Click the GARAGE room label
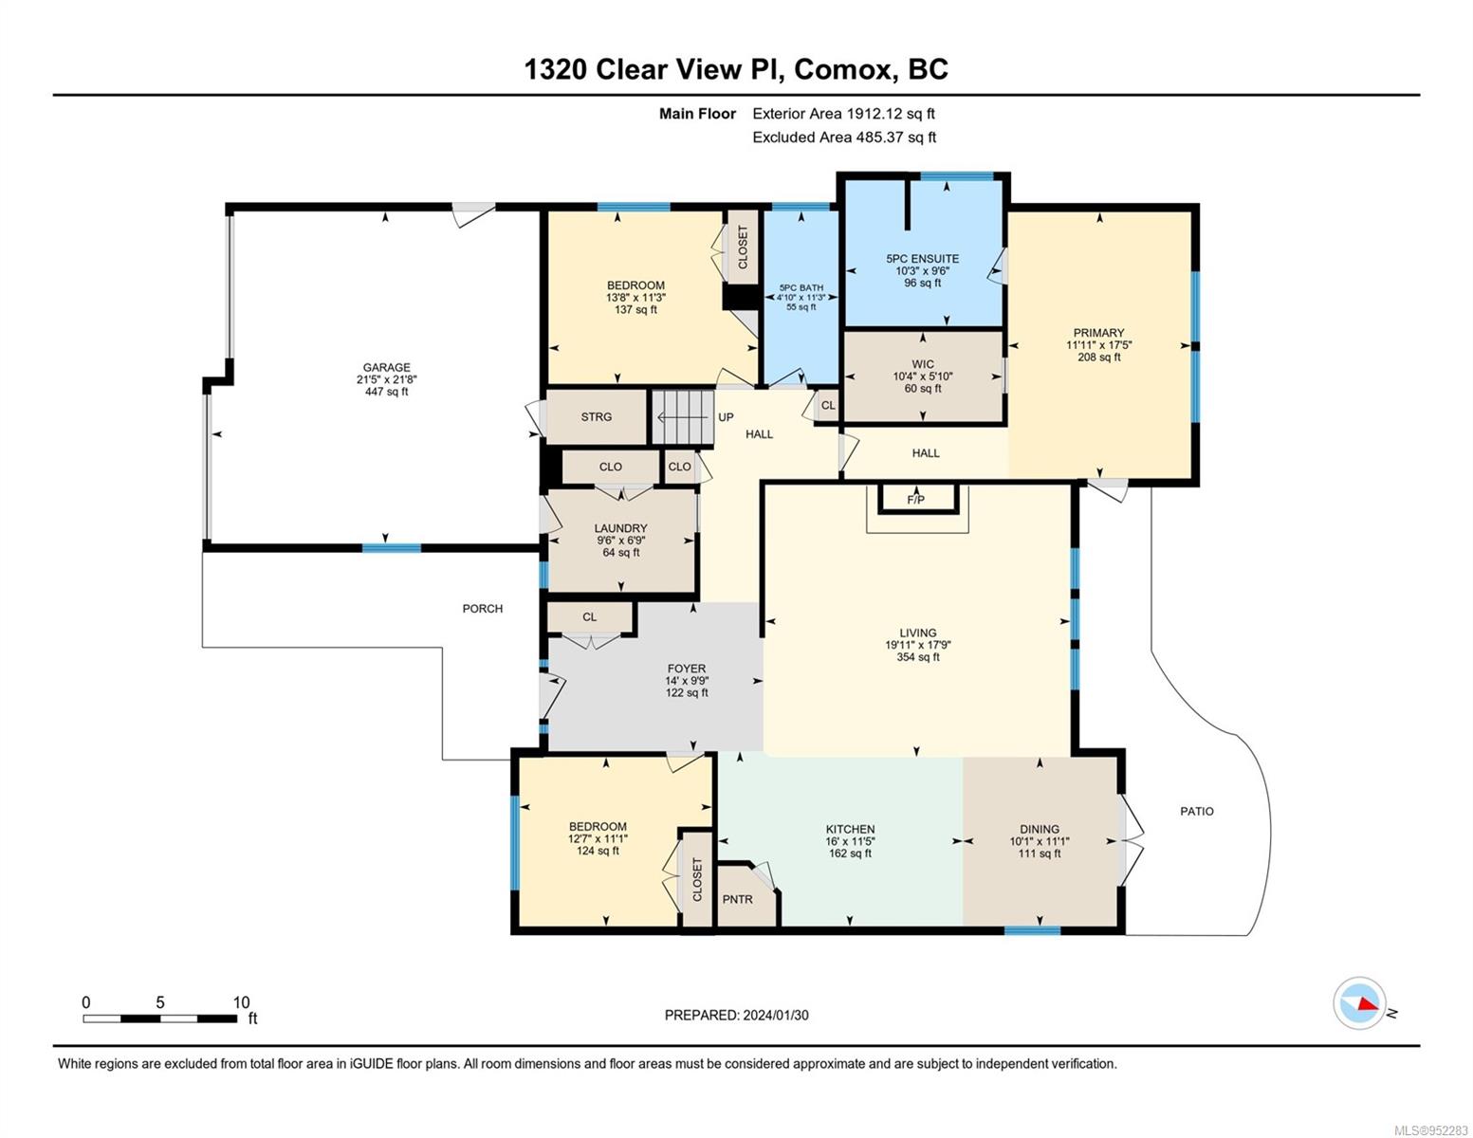tap(386, 367)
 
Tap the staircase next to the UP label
tap(683, 417)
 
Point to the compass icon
tap(1359, 1003)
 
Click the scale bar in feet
tap(160, 1018)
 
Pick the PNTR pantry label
tap(738, 899)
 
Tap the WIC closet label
tap(923, 364)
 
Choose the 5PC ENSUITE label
tap(923, 258)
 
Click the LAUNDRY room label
tap(621, 528)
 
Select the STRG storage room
tap(597, 417)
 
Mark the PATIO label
tap(1197, 812)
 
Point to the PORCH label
tap(483, 609)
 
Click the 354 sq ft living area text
tap(918, 657)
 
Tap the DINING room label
tap(1040, 829)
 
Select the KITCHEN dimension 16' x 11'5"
tap(850, 841)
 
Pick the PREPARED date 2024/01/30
tap(776, 1016)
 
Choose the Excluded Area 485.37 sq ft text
tap(844, 138)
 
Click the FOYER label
tap(687, 669)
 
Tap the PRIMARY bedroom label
tap(1098, 333)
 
